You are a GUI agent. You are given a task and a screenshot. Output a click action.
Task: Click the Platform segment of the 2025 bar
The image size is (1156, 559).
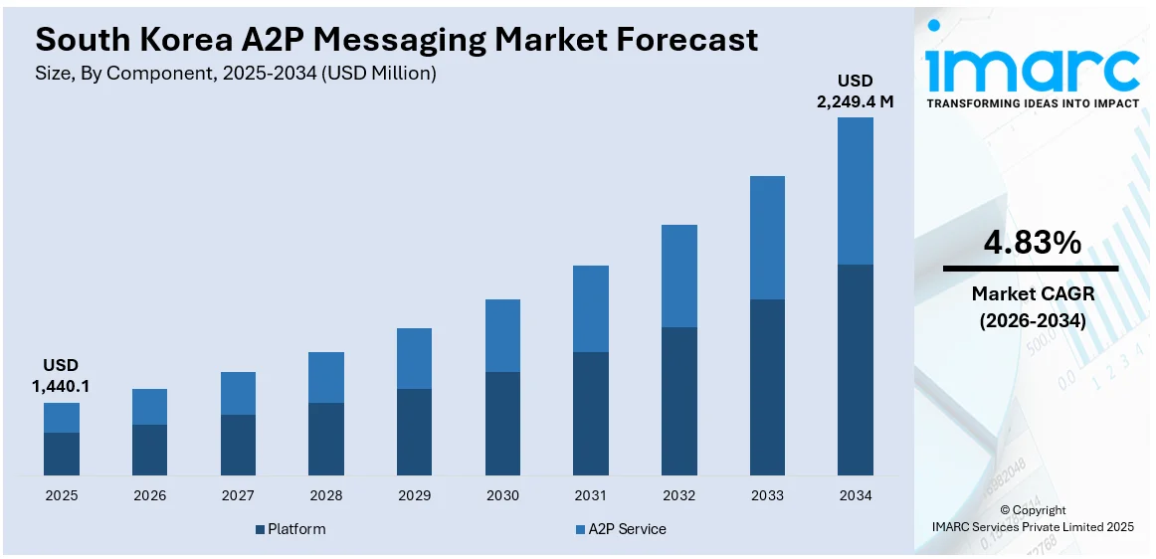point(62,454)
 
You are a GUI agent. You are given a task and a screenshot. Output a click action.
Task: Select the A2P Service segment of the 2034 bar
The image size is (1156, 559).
point(856,191)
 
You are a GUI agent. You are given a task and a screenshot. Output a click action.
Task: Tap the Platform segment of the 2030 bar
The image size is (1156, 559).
point(502,424)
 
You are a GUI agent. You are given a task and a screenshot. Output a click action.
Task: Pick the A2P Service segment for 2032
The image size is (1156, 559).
point(679,276)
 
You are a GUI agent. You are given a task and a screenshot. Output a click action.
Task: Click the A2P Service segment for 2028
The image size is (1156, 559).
point(326,377)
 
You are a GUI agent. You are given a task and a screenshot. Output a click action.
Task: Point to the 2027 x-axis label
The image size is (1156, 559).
point(238,495)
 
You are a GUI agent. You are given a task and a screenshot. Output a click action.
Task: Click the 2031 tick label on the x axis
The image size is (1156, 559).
point(591,495)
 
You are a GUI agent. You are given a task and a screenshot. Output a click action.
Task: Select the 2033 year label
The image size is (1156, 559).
point(767,495)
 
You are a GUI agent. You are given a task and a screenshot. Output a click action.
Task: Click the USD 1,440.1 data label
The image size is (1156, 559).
point(61,375)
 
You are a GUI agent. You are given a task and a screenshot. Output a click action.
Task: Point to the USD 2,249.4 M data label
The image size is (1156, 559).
point(856,90)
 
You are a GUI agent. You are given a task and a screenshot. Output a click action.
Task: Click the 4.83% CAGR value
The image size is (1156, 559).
point(1032,242)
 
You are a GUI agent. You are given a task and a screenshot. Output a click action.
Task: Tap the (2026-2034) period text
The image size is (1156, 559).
point(1032,321)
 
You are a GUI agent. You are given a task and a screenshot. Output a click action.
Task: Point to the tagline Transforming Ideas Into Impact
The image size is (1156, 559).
point(1032,102)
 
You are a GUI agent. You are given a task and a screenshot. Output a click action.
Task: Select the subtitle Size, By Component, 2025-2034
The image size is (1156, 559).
point(236,74)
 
